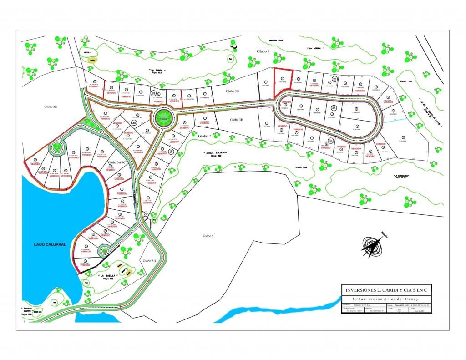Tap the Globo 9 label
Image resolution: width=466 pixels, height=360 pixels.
tap(263, 51)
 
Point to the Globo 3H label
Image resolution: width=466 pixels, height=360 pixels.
tap(237, 119)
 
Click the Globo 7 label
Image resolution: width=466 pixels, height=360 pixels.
tap(204, 136)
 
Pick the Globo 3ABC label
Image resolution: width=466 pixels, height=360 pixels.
tap(117, 162)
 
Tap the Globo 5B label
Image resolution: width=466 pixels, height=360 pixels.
tap(149, 261)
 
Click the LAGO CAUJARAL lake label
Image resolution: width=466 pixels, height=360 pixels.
tap(50, 244)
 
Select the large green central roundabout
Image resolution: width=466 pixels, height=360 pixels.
tap(162, 118)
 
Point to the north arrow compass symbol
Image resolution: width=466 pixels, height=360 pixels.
tap(373, 245)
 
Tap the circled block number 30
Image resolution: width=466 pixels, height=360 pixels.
tap(134, 122)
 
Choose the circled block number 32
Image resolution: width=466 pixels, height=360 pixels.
tap(334, 79)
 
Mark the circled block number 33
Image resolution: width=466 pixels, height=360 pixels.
tap(334, 107)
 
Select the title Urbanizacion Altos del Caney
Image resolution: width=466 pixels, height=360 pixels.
tap(386, 297)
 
